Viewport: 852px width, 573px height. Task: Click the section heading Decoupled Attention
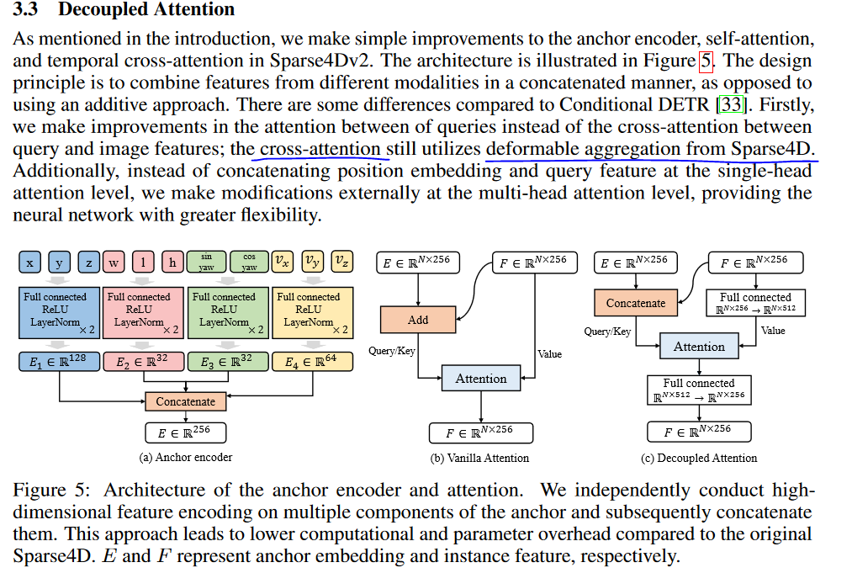pos(146,11)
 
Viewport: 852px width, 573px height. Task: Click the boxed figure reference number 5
pos(707,61)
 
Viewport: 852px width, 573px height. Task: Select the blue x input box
pos(29,262)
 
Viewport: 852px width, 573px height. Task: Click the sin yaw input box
pos(206,262)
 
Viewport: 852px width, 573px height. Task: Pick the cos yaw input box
pos(249,262)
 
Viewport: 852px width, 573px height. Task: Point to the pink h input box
pos(172,262)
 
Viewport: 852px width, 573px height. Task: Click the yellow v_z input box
pos(341,262)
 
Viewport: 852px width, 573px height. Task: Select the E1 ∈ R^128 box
pos(58,363)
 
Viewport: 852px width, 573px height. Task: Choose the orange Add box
pos(418,320)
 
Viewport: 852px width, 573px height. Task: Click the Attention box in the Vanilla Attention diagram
pos(481,379)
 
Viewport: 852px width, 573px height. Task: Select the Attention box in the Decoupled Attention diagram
pos(699,347)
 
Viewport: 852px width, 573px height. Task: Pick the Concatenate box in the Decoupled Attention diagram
pos(636,303)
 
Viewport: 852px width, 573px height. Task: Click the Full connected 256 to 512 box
pos(755,303)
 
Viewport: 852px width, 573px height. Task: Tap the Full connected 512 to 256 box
pos(698,390)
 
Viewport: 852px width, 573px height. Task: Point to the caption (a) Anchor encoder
pos(186,458)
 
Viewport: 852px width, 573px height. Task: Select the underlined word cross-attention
pos(320,149)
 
